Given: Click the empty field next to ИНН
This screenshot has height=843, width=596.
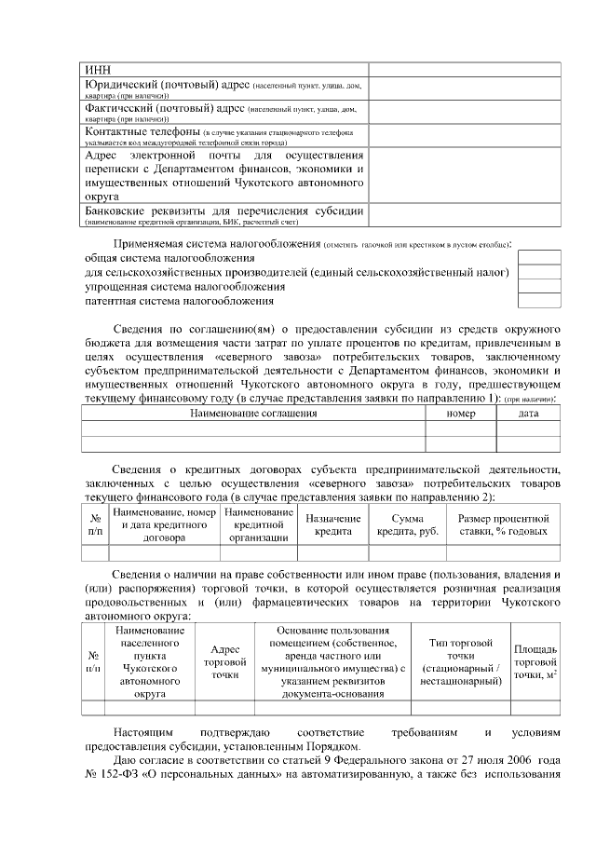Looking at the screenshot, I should (464, 69).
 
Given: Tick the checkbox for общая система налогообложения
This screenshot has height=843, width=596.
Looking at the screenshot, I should (538, 257).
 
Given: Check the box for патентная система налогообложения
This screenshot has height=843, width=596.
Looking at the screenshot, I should (538, 301).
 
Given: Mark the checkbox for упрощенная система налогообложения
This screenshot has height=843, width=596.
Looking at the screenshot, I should (538, 287).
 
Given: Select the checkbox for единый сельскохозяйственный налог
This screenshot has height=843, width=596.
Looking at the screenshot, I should (538, 272).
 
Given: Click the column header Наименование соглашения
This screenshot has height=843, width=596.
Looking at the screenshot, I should (253, 414).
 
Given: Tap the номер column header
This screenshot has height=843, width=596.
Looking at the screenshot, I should (460, 414).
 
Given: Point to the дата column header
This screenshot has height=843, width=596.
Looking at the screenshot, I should (528, 414).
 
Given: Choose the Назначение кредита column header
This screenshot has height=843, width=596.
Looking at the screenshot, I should (332, 524).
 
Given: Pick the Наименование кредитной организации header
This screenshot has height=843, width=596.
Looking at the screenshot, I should (259, 524).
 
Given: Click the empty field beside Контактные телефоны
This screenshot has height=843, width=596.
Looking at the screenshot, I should (464, 137).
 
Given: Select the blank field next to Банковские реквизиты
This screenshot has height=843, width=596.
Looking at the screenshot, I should (464, 214).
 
